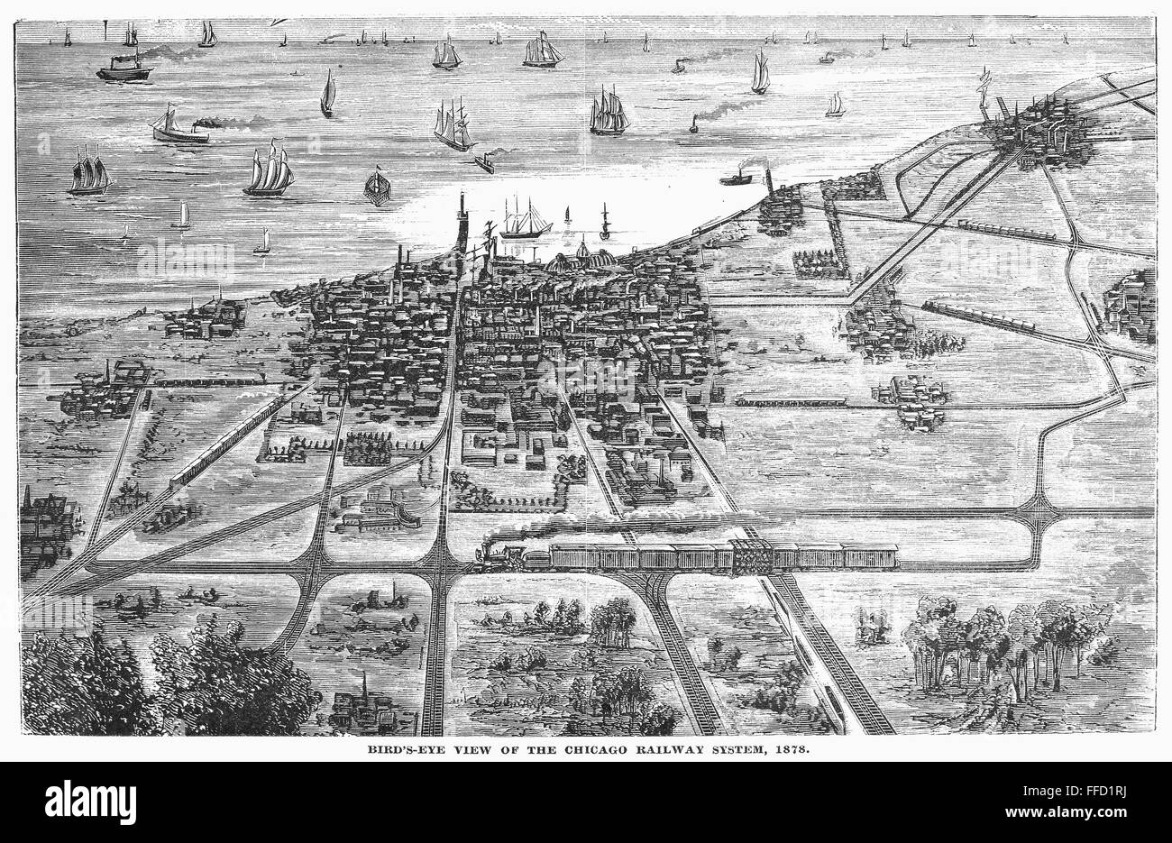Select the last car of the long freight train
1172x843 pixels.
click(x=870, y=557)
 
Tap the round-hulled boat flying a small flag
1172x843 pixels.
click(x=376, y=187)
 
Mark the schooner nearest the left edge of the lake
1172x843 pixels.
click(x=89, y=171)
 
